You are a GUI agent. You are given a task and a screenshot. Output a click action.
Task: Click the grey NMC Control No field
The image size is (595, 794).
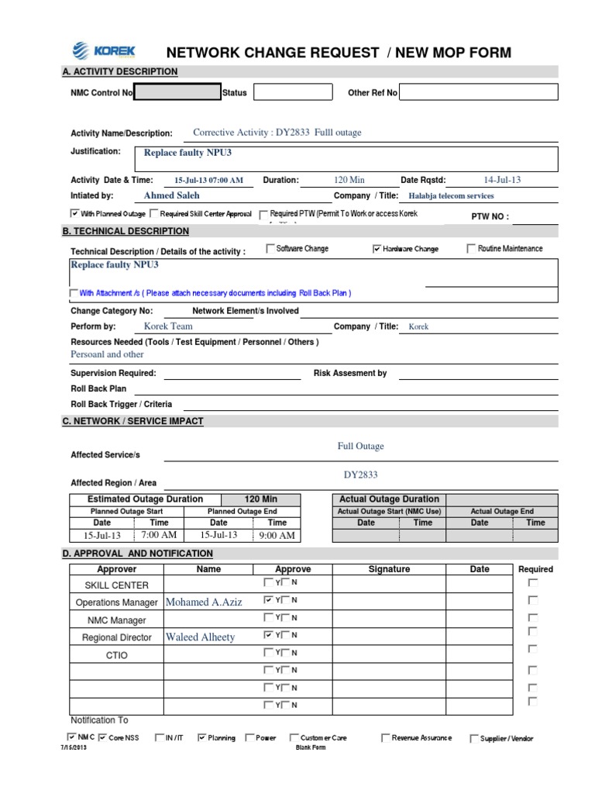tap(177, 93)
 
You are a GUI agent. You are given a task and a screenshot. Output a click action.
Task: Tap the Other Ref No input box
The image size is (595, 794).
tap(478, 93)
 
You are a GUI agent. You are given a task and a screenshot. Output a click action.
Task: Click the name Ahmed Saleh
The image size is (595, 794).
tap(171, 196)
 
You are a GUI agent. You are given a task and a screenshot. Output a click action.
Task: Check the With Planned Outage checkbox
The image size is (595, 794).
tap(74, 213)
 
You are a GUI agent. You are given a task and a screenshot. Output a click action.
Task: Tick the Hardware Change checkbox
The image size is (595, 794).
tap(377, 249)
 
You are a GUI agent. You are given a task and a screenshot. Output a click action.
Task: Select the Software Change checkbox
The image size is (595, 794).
tap(270, 249)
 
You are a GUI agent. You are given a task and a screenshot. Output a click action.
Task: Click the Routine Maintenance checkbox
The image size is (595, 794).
tap(471, 249)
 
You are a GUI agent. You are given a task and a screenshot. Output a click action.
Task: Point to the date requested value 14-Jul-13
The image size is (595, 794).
tap(502, 180)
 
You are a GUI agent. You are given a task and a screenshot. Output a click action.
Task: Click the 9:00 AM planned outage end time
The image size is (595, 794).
tap(277, 536)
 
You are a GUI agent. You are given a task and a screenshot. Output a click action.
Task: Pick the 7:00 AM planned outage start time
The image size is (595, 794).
tap(159, 535)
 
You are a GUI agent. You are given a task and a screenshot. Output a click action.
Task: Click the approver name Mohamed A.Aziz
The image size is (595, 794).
tap(204, 602)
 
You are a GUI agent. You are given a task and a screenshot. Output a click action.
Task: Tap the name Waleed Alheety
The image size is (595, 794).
tap(200, 637)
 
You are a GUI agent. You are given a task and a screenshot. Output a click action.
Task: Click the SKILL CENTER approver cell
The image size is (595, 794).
tap(116, 585)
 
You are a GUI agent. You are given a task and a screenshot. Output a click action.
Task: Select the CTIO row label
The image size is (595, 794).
tap(116, 655)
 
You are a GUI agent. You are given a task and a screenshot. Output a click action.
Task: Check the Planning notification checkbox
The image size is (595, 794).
tap(202, 738)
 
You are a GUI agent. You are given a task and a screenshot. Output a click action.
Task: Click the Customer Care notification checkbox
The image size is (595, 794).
tap(294, 738)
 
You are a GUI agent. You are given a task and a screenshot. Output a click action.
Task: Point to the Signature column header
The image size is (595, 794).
tap(389, 569)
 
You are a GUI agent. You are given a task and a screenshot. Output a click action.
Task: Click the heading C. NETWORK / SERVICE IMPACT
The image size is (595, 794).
tap(132, 421)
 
